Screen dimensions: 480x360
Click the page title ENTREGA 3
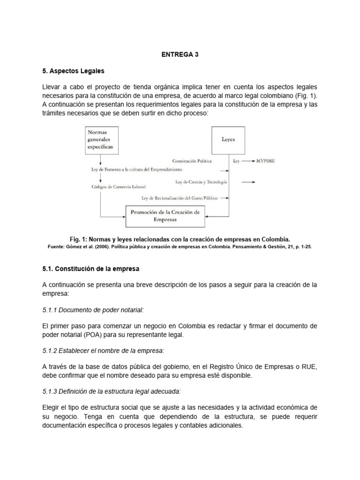[180, 54]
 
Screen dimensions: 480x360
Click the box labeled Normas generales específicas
[101, 140]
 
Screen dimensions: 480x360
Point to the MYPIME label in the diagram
[265, 160]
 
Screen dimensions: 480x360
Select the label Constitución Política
[192, 160]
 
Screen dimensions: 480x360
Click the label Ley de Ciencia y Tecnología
[202, 181]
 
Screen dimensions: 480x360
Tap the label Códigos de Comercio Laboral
[119, 187]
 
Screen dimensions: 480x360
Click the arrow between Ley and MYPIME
[248, 160]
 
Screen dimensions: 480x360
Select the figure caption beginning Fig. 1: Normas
[180, 238]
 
